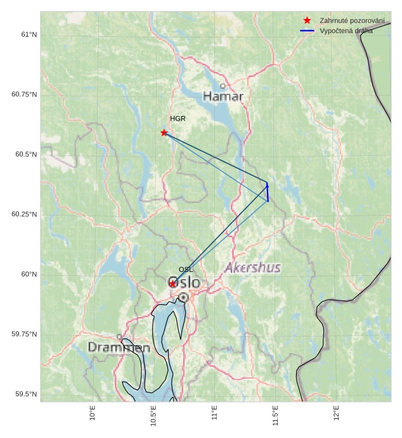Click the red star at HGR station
pos(164,132)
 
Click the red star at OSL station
pos(172,283)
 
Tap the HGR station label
pos(178,119)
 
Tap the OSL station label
pos(186,269)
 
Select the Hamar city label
pos(223,96)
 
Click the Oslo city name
pos(184,282)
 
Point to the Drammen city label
pos(119,347)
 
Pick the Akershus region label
pos(252,267)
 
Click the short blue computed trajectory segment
pos(268,192)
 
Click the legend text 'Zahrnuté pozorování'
pos(352,21)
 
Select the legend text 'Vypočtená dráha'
pos(346,30)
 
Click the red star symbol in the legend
pos(308,21)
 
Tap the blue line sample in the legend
pos(308,30)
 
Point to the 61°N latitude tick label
pos(29,34)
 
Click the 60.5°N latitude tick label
pos(24,155)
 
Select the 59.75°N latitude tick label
pos(24,334)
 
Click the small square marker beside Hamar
pos(223,86)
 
